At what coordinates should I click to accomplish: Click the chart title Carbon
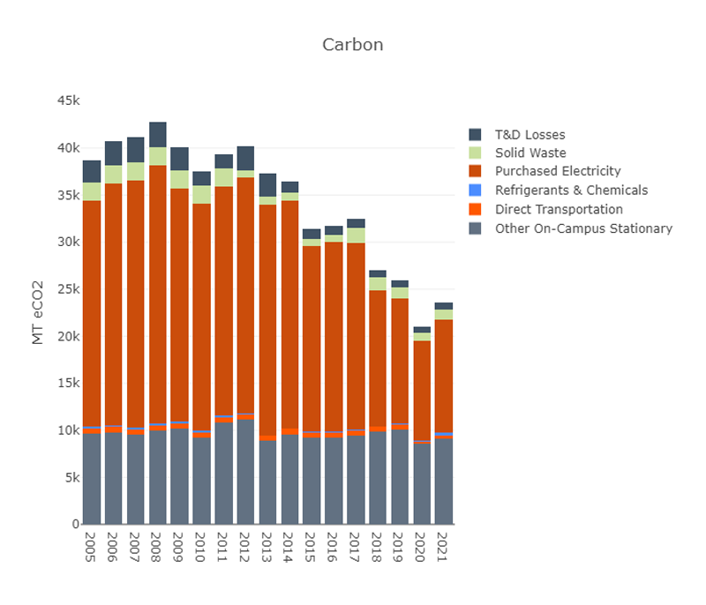(x=352, y=44)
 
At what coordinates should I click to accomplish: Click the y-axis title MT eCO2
(x=38, y=312)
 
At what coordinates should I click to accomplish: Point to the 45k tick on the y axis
(x=69, y=101)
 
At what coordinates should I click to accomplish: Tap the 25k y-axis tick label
(x=69, y=289)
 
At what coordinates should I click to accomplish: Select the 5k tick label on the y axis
(x=69, y=478)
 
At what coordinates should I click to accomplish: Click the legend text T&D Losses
(x=529, y=135)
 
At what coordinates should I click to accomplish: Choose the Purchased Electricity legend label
(x=558, y=171)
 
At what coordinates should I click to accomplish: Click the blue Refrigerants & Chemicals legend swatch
(x=475, y=190)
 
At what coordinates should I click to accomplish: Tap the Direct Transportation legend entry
(x=559, y=209)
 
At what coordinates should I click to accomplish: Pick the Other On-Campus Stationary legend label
(x=583, y=228)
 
